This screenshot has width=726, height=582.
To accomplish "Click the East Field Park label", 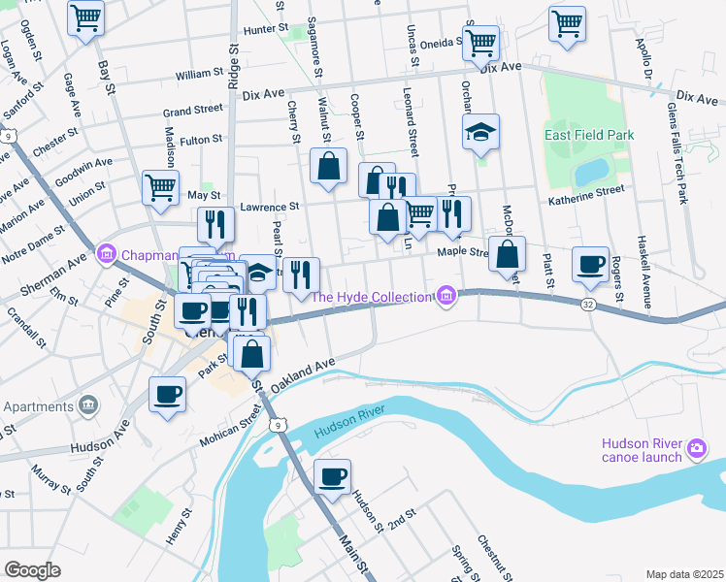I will (588, 135).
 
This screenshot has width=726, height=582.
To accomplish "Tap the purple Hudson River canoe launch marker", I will (696, 448).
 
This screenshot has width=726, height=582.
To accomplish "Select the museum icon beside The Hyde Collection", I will (445, 296).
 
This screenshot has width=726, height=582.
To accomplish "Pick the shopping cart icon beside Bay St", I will (86, 16).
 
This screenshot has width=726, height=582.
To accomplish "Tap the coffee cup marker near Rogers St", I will (590, 265).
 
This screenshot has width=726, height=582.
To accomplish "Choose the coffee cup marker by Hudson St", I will (333, 476).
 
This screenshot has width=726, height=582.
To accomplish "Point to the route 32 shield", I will (589, 304).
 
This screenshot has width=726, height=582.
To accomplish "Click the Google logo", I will (32, 569).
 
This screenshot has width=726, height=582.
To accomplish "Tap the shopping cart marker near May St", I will (161, 187).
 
